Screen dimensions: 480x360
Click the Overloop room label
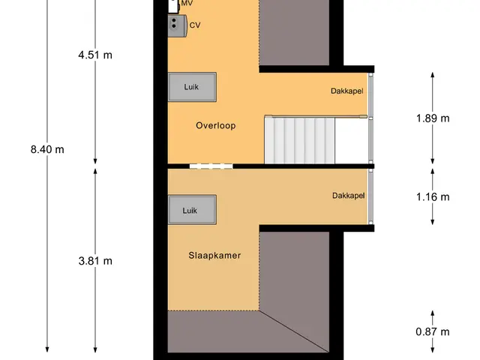tap(216, 125)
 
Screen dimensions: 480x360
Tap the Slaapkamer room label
tap(214, 255)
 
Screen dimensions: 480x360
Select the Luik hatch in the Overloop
tap(192, 87)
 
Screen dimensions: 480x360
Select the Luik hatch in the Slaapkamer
tap(192, 210)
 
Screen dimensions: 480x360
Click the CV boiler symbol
tap(178, 25)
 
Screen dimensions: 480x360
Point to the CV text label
tap(195, 25)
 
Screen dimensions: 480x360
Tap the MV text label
tap(187, 3)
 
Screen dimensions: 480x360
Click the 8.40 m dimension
tap(47, 149)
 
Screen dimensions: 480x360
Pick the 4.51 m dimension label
tap(95, 55)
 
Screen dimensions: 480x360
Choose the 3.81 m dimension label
tap(95, 261)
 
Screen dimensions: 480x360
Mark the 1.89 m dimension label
tap(433, 118)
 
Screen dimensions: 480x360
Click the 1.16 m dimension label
tap(433, 196)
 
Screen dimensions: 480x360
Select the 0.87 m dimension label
tap(433, 331)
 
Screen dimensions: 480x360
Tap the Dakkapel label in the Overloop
tap(346, 91)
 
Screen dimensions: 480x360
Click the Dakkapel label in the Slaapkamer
tap(348, 196)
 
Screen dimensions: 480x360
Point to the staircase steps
tap(300, 141)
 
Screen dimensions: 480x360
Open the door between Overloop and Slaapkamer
tap(211, 166)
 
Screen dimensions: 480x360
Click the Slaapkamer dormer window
tap(370, 196)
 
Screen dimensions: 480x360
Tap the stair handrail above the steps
tap(316, 116)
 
